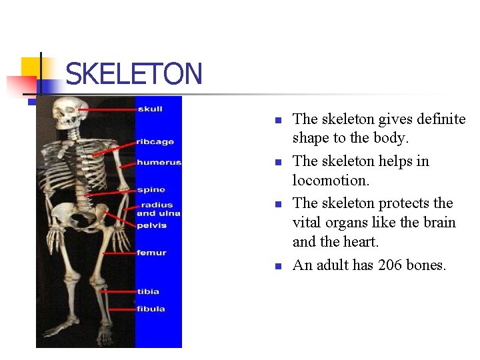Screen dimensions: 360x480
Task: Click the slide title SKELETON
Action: click(x=133, y=73)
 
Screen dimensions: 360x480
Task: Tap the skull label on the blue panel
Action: click(x=149, y=109)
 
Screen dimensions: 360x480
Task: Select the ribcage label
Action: click(x=155, y=141)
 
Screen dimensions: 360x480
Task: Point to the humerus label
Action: click(x=158, y=162)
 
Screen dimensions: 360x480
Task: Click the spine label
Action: click(x=151, y=190)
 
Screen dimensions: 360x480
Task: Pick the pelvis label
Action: click(x=151, y=225)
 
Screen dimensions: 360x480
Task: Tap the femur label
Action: click(x=151, y=253)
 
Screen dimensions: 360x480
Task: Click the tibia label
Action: click(x=148, y=291)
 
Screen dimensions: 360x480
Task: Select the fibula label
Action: click(x=151, y=309)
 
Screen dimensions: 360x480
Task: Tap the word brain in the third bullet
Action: click(x=440, y=223)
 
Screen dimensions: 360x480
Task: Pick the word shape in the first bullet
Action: click(x=311, y=139)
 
